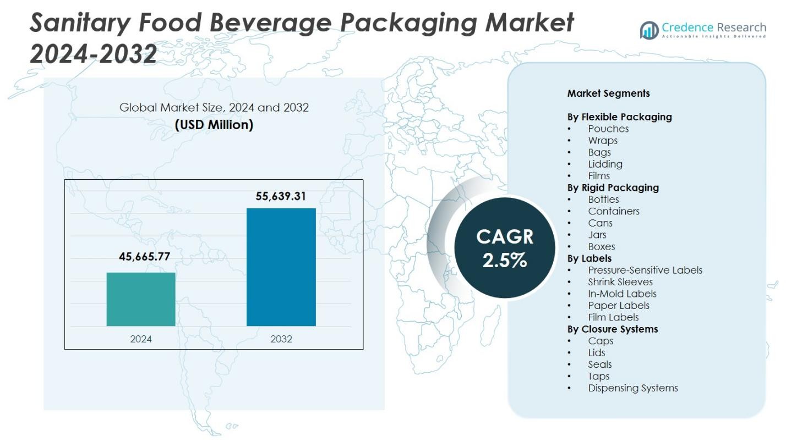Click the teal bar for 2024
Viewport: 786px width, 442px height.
[141, 299]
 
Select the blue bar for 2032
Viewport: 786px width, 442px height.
[281, 267]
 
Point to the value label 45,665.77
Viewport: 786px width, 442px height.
[144, 256]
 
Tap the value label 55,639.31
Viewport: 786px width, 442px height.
[281, 196]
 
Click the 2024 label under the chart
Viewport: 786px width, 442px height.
[141, 339]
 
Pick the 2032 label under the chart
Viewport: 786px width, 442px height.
[281, 339]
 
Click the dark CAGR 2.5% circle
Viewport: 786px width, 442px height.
[504, 248]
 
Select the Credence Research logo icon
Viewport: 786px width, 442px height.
[649, 30]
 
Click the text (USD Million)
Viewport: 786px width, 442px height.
[214, 125]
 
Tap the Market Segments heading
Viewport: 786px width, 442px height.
[608, 93]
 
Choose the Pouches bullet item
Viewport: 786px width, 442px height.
[608, 129]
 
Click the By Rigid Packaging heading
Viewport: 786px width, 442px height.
[613, 187]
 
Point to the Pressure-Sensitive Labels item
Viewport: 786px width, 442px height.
[645, 270]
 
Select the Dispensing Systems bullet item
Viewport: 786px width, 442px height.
[632, 388]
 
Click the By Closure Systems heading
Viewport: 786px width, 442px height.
[612, 329]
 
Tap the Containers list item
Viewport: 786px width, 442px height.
[613, 211]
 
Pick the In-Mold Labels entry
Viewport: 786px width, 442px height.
[622, 294]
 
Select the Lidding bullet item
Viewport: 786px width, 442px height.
[605, 164]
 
